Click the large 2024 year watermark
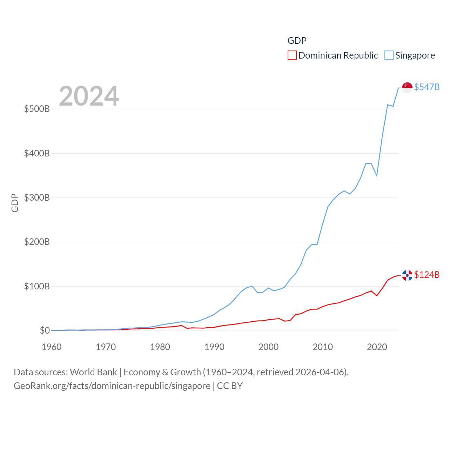click(x=89, y=96)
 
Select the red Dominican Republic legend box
click(x=292, y=55)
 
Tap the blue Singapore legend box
click(x=389, y=55)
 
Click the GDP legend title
click(x=297, y=41)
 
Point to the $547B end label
click(x=427, y=87)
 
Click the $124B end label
click(x=427, y=275)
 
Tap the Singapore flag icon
click(x=407, y=87)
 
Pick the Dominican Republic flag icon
click(x=407, y=275)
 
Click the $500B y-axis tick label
click(x=37, y=109)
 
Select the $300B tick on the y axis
click(x=37, y=197)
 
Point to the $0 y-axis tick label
click(x=45, y=330)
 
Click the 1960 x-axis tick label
click(x=52, y=347)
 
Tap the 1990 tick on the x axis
click(x=214, y=347)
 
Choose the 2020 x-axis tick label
click(x=377, y=347)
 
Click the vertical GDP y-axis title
click(x=15, y=203)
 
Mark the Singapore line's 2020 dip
click(x=377, y=175)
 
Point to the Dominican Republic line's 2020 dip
click(x=377, y=295)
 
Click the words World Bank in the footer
click(x=93, y=372)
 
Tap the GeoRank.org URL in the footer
click(x=112, y=386)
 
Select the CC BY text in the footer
click(x=230, y=386)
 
